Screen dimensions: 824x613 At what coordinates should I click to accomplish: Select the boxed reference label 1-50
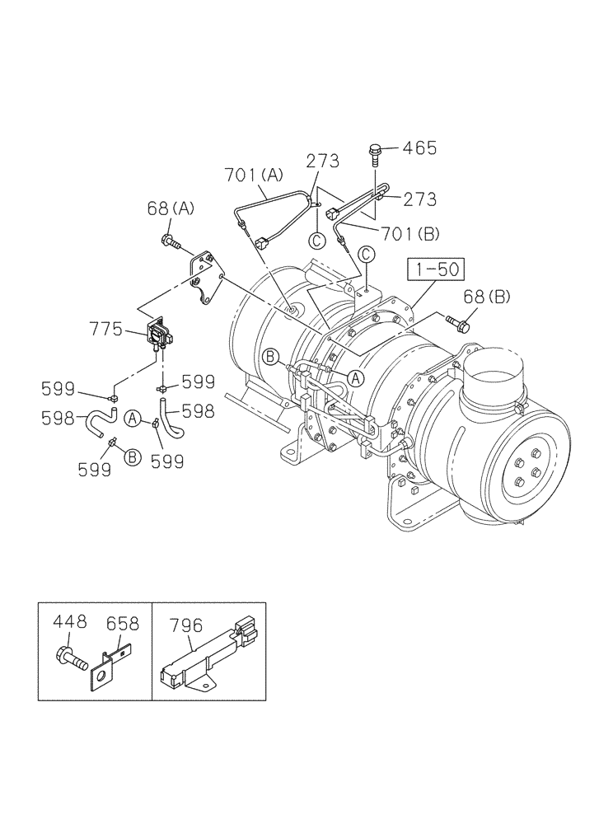click(436, 269)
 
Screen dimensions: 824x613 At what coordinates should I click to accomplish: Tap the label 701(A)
click(253, 175)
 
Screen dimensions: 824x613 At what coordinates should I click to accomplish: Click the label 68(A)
click(171, 208)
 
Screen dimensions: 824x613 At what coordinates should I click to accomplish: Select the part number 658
click(121, 625)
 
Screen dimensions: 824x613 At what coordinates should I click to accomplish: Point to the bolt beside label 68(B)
click(457, 322)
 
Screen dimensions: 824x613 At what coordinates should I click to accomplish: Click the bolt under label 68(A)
click(170, 241)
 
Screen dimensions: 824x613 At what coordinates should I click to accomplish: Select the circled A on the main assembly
click(355, 378)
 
